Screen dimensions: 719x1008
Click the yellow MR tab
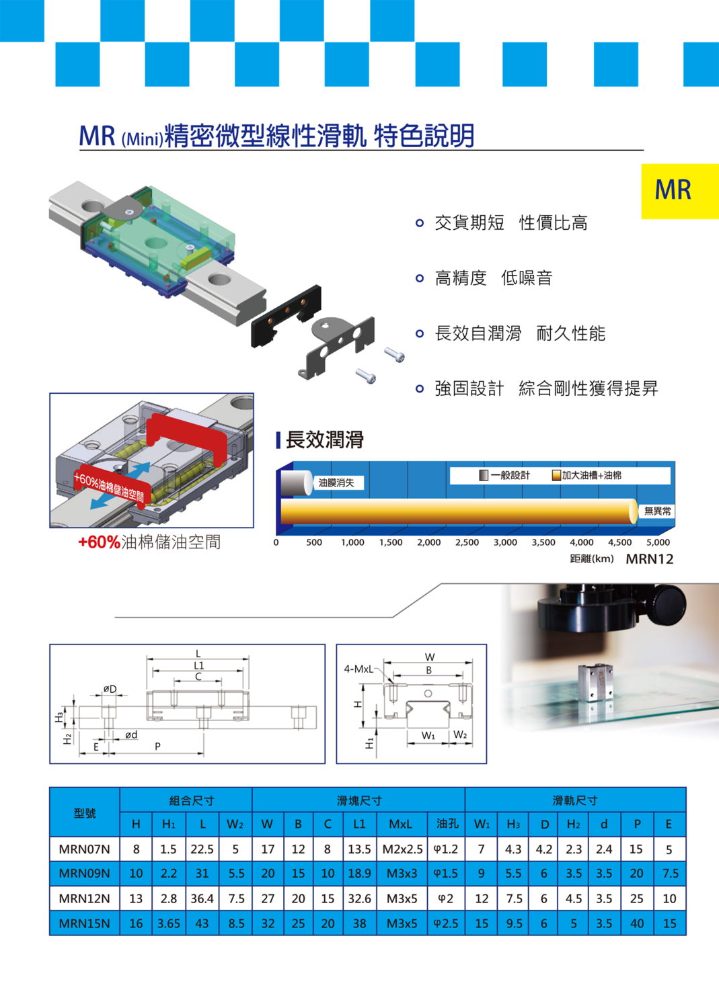click(680, 192)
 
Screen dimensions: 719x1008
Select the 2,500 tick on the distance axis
click(467, 542)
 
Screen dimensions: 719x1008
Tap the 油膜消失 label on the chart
click(336, 483)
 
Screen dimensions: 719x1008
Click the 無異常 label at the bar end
click(657, 511)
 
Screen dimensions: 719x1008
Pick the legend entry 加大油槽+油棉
click(586, 475)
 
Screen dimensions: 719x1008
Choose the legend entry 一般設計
click(504, 475)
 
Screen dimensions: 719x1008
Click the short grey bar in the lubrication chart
click(297, 483)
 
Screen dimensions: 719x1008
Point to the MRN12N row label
click(84, 898)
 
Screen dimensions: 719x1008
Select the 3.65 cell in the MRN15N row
click(169, 923)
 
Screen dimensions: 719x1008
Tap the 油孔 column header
click(447, 823)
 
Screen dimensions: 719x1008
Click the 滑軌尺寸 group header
click(575, 800)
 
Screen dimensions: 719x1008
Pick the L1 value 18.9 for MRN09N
click(359, 874)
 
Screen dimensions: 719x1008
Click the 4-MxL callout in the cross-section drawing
click(358, 669)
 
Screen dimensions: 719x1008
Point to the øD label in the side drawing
click(110, 689)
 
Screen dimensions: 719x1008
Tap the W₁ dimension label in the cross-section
click(428, 735)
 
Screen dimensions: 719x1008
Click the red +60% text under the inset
click(99, 542)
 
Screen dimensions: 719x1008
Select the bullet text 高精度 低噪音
click(493, 278)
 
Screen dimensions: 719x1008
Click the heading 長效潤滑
click(324, 439)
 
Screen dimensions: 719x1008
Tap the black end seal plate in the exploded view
click(286, 316)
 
